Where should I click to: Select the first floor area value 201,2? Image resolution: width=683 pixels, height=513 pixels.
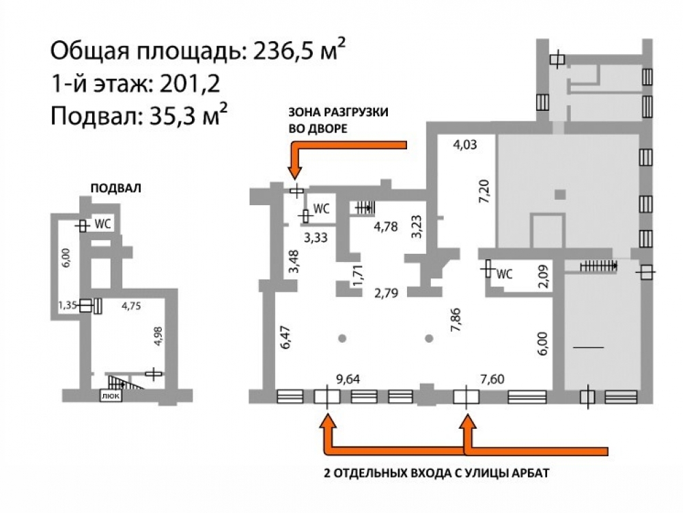coord(189,83)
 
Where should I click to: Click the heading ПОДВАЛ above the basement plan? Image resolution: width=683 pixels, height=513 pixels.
coord(116,188)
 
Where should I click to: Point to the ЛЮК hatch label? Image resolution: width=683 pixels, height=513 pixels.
coord(111,395)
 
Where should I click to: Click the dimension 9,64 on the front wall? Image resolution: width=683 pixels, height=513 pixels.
coord(348,379)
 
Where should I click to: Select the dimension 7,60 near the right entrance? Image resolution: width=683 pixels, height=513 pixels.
coord(492,379)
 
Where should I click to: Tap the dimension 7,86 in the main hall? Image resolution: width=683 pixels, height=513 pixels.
coord(456,320)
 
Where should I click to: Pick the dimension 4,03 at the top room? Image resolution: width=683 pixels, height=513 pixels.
coord(464,144)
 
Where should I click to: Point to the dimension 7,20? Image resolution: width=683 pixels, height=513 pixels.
coord(485,192)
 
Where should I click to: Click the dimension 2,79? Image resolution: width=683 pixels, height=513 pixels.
coord(387,293)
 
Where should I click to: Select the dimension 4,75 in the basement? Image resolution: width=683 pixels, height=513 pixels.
coord(131,306)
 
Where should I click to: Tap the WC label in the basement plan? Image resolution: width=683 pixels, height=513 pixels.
coord(103,224)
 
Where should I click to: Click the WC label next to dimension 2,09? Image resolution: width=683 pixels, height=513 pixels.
coord(505,274)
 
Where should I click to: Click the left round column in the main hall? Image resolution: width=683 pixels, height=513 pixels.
coord(342,338)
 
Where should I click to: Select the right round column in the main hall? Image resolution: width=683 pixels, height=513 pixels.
coord(429,338)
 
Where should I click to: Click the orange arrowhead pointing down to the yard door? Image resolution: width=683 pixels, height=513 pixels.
coord(295,170)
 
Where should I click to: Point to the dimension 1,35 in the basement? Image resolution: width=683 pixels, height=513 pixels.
coord(68,305)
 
